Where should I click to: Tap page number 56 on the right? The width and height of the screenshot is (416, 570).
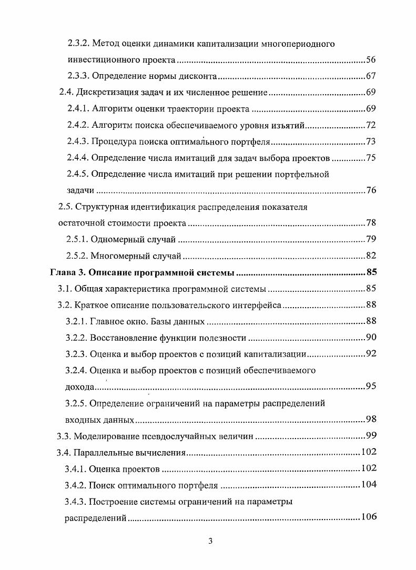(371, 60)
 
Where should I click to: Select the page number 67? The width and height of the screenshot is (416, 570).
(371, 77)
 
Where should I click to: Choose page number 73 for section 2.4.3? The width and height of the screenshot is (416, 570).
(371, 142)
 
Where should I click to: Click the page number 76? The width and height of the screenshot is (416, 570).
(371, 190)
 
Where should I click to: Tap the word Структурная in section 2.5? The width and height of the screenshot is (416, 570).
(105, 207)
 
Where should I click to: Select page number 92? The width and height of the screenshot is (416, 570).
(371, 354)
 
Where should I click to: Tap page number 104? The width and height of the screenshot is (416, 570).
(368, 485)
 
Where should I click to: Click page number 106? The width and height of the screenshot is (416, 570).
(368, 517)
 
